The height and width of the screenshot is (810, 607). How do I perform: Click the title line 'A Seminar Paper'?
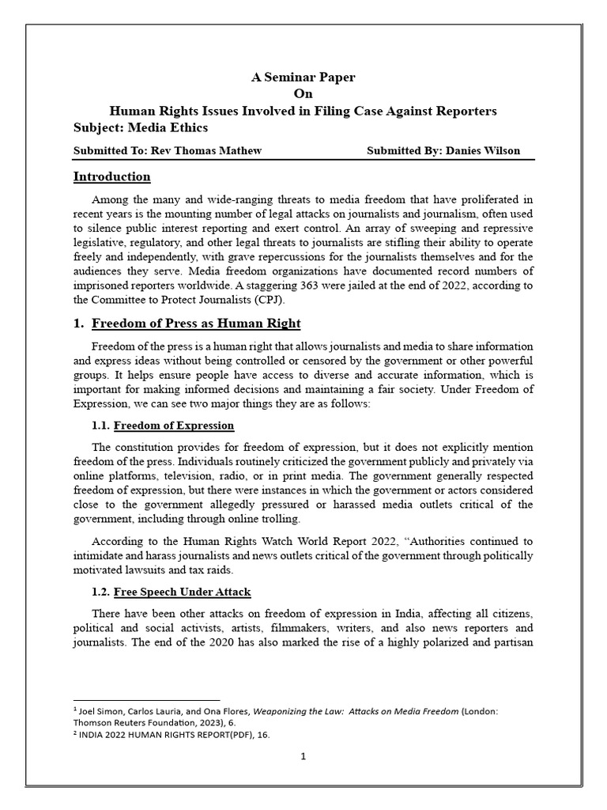pyautogui.click(x=303, y=78)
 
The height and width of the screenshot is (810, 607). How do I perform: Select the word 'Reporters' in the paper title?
pyautogui.click(x=466, y=111)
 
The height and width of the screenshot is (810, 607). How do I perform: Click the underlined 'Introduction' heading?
pyautogui.click(x=111, y=176)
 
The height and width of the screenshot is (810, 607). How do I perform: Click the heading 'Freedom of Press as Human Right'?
pyautogui.click(x=196, y=324)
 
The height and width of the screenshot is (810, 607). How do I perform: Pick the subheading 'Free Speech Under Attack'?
pyautogui.click(x=183, y=592)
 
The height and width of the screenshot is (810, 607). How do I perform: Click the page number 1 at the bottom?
pyautogui.click(x=303, y=756)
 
